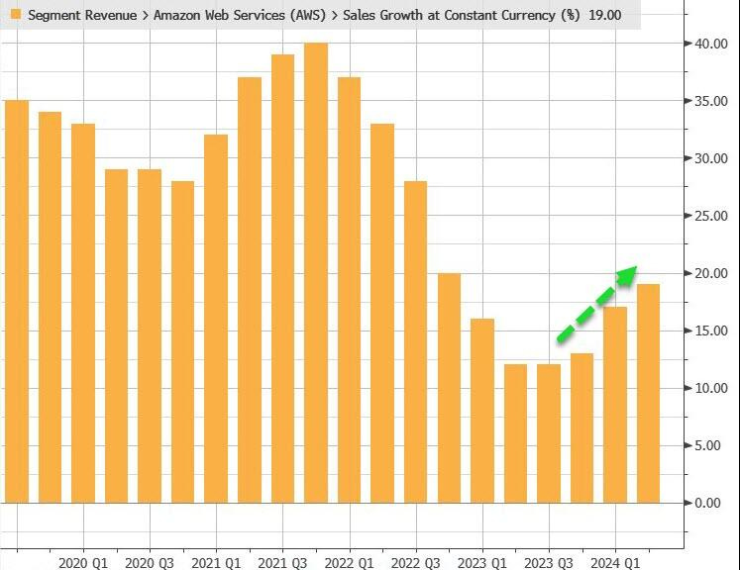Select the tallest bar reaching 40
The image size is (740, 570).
pos(316,272)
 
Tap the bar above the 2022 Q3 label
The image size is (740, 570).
pos(415,341)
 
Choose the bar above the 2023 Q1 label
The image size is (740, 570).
pos(482,411)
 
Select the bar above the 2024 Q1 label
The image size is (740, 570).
pos(615,405)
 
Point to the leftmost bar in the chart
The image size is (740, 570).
pos(17,302)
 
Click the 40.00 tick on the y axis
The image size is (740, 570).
pos(713,44)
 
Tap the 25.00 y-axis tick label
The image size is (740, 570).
pos(713,216)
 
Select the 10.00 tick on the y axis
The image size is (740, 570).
pos(713,388)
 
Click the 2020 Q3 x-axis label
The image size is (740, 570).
pos(151,562)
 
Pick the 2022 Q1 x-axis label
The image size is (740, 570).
pos(350,562)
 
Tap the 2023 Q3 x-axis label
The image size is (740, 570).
pos(549,562)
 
